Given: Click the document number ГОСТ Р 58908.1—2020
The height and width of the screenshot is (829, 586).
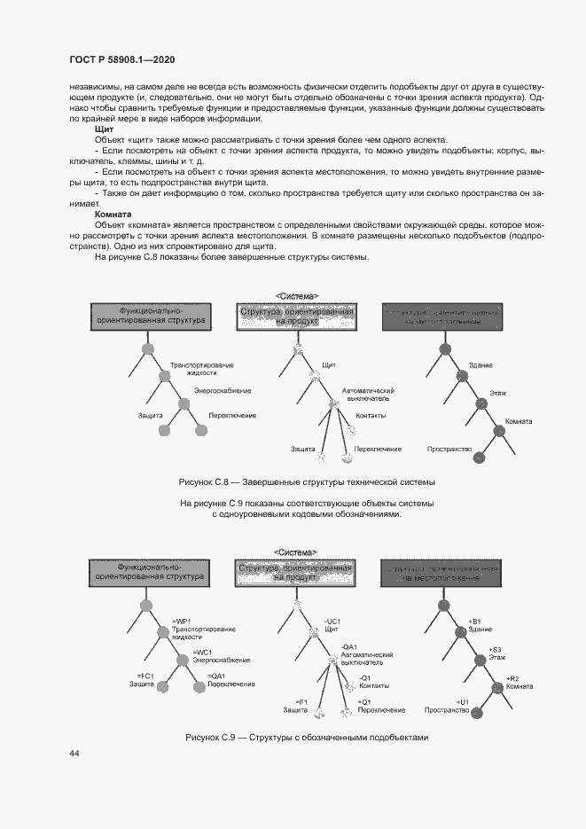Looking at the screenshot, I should click(x=121, y=59).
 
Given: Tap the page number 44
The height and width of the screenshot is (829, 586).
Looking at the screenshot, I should click(x=74, y=753).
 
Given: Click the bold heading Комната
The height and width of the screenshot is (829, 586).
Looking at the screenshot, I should click(x=113, y=215).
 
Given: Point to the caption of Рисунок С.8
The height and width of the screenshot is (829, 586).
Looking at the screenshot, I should click(x=307, y=482).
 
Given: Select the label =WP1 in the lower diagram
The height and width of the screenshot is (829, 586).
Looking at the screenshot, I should click(x=181, y=620).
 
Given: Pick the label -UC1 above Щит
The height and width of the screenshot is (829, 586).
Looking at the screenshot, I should click(x=333, y=621).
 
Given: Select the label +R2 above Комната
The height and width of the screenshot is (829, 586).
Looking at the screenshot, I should click(x=512, y=677).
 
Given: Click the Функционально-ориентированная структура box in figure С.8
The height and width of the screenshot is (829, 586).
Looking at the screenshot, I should click(x=151, y=316).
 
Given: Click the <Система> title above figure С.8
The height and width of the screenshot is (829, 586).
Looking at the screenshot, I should click(x=297, y=296).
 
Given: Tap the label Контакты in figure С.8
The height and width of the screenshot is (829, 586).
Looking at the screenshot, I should click(x=370, y=416).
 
